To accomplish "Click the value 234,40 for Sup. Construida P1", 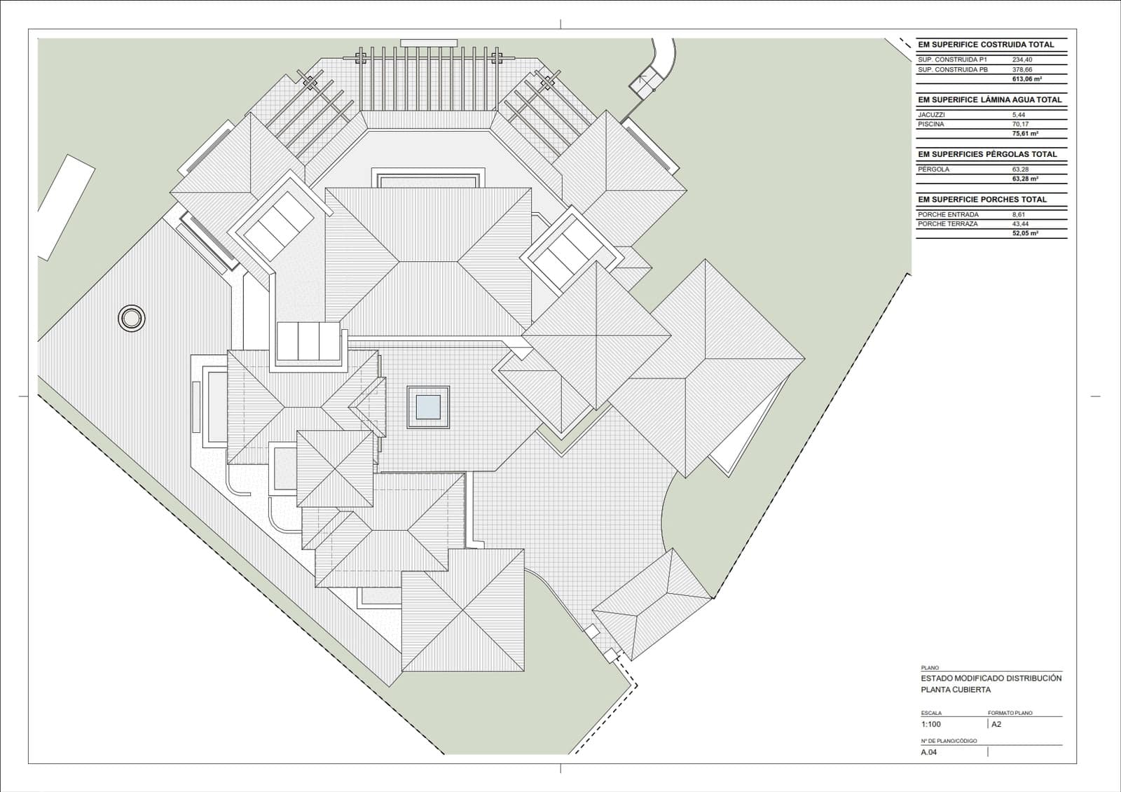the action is [1022, 60].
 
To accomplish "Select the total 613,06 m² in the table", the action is [1027, 79].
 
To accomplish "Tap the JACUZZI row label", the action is [931, 115].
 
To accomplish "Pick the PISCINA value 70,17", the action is [1020, 124].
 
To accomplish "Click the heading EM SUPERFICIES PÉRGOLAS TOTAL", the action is [987, 154].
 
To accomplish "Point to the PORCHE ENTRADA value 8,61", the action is [1019, 214].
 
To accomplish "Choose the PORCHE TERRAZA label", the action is [948, 223].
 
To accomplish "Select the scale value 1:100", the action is [931, 724].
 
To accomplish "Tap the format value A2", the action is [996, 724].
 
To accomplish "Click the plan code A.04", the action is [929, 752].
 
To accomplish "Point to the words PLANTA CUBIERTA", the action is [956, 690].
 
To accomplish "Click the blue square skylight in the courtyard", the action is [428, 408].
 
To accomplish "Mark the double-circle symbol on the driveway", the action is [132, 318].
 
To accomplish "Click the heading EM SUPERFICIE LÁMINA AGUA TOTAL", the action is [989, 99].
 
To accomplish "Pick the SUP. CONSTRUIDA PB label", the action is [953, 69].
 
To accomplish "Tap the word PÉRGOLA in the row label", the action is [933, 169].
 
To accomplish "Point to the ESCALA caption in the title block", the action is [931, 713].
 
